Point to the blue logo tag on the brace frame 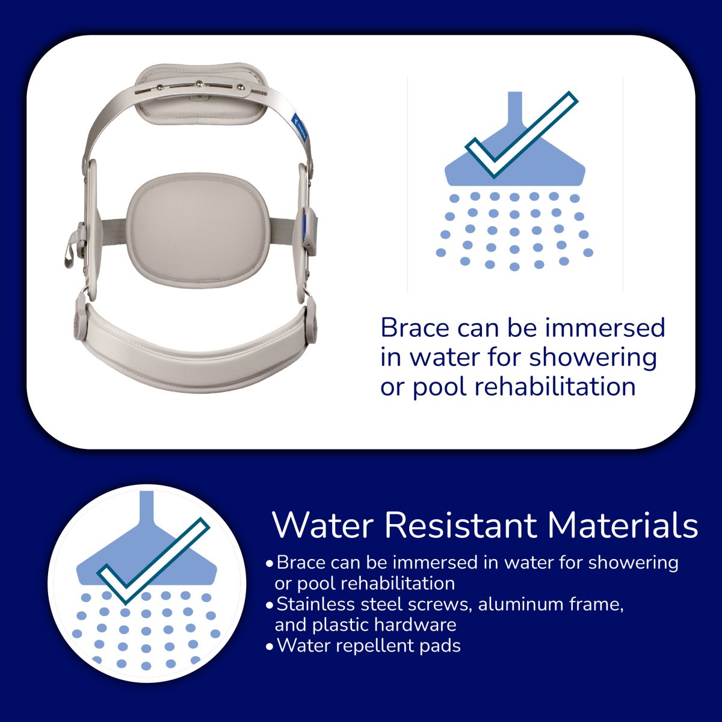(300, 127)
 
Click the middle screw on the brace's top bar (200, 84)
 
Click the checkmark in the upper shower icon (521, 134)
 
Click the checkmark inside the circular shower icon (153, 561)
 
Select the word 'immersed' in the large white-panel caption (605, 328)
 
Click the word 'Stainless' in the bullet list (315, 604)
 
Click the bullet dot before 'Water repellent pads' (269, 647)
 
